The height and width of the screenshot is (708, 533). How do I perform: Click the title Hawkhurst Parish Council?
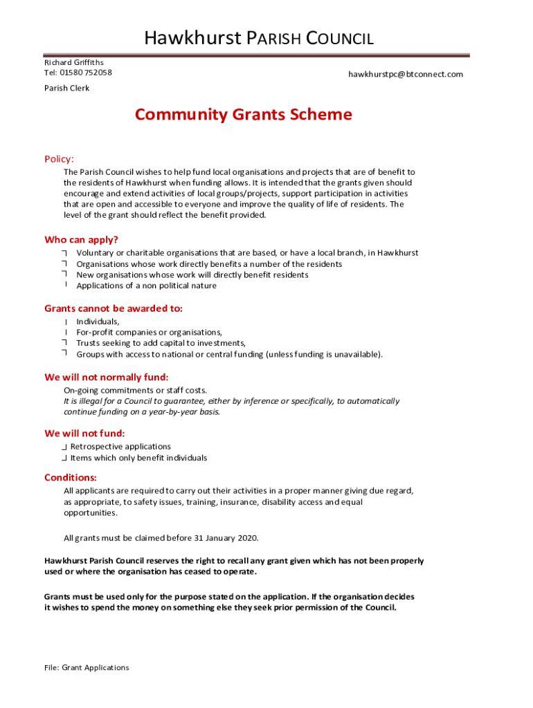point(258,38)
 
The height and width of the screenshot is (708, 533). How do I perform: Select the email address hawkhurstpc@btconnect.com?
point(406,74)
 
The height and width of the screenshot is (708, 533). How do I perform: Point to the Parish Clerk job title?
point(66,88)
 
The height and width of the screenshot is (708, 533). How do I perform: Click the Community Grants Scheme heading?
point(243,114)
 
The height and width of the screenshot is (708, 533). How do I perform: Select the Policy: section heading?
point(59,159)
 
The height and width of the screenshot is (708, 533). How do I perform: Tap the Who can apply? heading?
point(81,240)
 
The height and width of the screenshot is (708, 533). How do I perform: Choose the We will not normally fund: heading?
point(107,378)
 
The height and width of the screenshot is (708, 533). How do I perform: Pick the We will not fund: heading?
point(84,434)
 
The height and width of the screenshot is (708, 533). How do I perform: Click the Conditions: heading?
point(71,478)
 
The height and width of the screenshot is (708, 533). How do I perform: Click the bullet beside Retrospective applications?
point(64,447)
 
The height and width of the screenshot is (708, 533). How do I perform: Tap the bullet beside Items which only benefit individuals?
point(64,458)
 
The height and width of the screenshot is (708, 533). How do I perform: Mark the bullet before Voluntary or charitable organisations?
point(63,253)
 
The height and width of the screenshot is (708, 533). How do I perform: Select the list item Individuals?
point(98,322)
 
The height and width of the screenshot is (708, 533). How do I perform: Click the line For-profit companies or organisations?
point(149,333)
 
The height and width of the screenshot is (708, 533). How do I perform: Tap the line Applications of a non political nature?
point(146,286)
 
